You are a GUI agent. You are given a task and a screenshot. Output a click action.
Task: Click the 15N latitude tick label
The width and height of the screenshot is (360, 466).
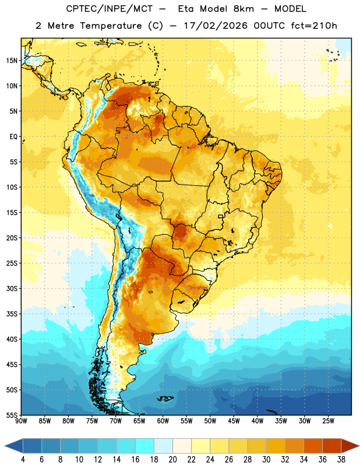[12, 61]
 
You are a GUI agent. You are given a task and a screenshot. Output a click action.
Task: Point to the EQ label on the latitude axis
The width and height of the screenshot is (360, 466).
[13, 137]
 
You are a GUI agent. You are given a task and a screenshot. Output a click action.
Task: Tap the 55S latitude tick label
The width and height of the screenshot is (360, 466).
[12, 415]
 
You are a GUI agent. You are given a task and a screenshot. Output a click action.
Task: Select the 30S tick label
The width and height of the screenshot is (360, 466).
[12, 288]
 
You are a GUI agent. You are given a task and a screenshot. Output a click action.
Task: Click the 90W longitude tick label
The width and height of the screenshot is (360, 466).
[21, 421]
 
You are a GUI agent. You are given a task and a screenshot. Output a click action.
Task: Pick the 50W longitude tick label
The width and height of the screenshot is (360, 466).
[210, 421]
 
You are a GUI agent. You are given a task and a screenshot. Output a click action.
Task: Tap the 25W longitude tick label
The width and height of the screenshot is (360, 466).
[328, 421]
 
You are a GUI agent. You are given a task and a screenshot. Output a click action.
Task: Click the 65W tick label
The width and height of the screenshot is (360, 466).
[139, 421]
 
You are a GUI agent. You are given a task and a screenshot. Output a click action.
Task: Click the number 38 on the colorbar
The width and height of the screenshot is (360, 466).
[341, 460]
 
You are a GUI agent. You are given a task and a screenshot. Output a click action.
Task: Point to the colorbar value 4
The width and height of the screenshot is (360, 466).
[23, 460]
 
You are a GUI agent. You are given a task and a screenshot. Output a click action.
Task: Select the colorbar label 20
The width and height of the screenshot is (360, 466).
[172, 460]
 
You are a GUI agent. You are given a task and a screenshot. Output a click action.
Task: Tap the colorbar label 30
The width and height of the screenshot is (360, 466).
[266, 460]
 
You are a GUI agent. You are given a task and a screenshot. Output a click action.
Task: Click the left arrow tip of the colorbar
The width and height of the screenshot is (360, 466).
[5, 446]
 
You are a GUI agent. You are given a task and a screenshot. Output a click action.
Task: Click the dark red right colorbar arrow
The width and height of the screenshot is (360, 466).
[350, 446]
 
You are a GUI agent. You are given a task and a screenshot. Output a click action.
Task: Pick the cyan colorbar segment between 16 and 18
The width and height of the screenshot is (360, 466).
[145, 446]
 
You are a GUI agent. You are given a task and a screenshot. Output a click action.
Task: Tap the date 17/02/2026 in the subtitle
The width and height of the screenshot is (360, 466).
[216, 26]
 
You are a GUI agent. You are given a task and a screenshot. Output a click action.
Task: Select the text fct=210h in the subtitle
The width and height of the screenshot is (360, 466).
[314, 26]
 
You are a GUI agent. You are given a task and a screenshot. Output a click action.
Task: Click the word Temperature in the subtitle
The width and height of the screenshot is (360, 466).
[111, 26]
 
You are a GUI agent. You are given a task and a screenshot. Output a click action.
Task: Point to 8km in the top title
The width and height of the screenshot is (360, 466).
[243, 9]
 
